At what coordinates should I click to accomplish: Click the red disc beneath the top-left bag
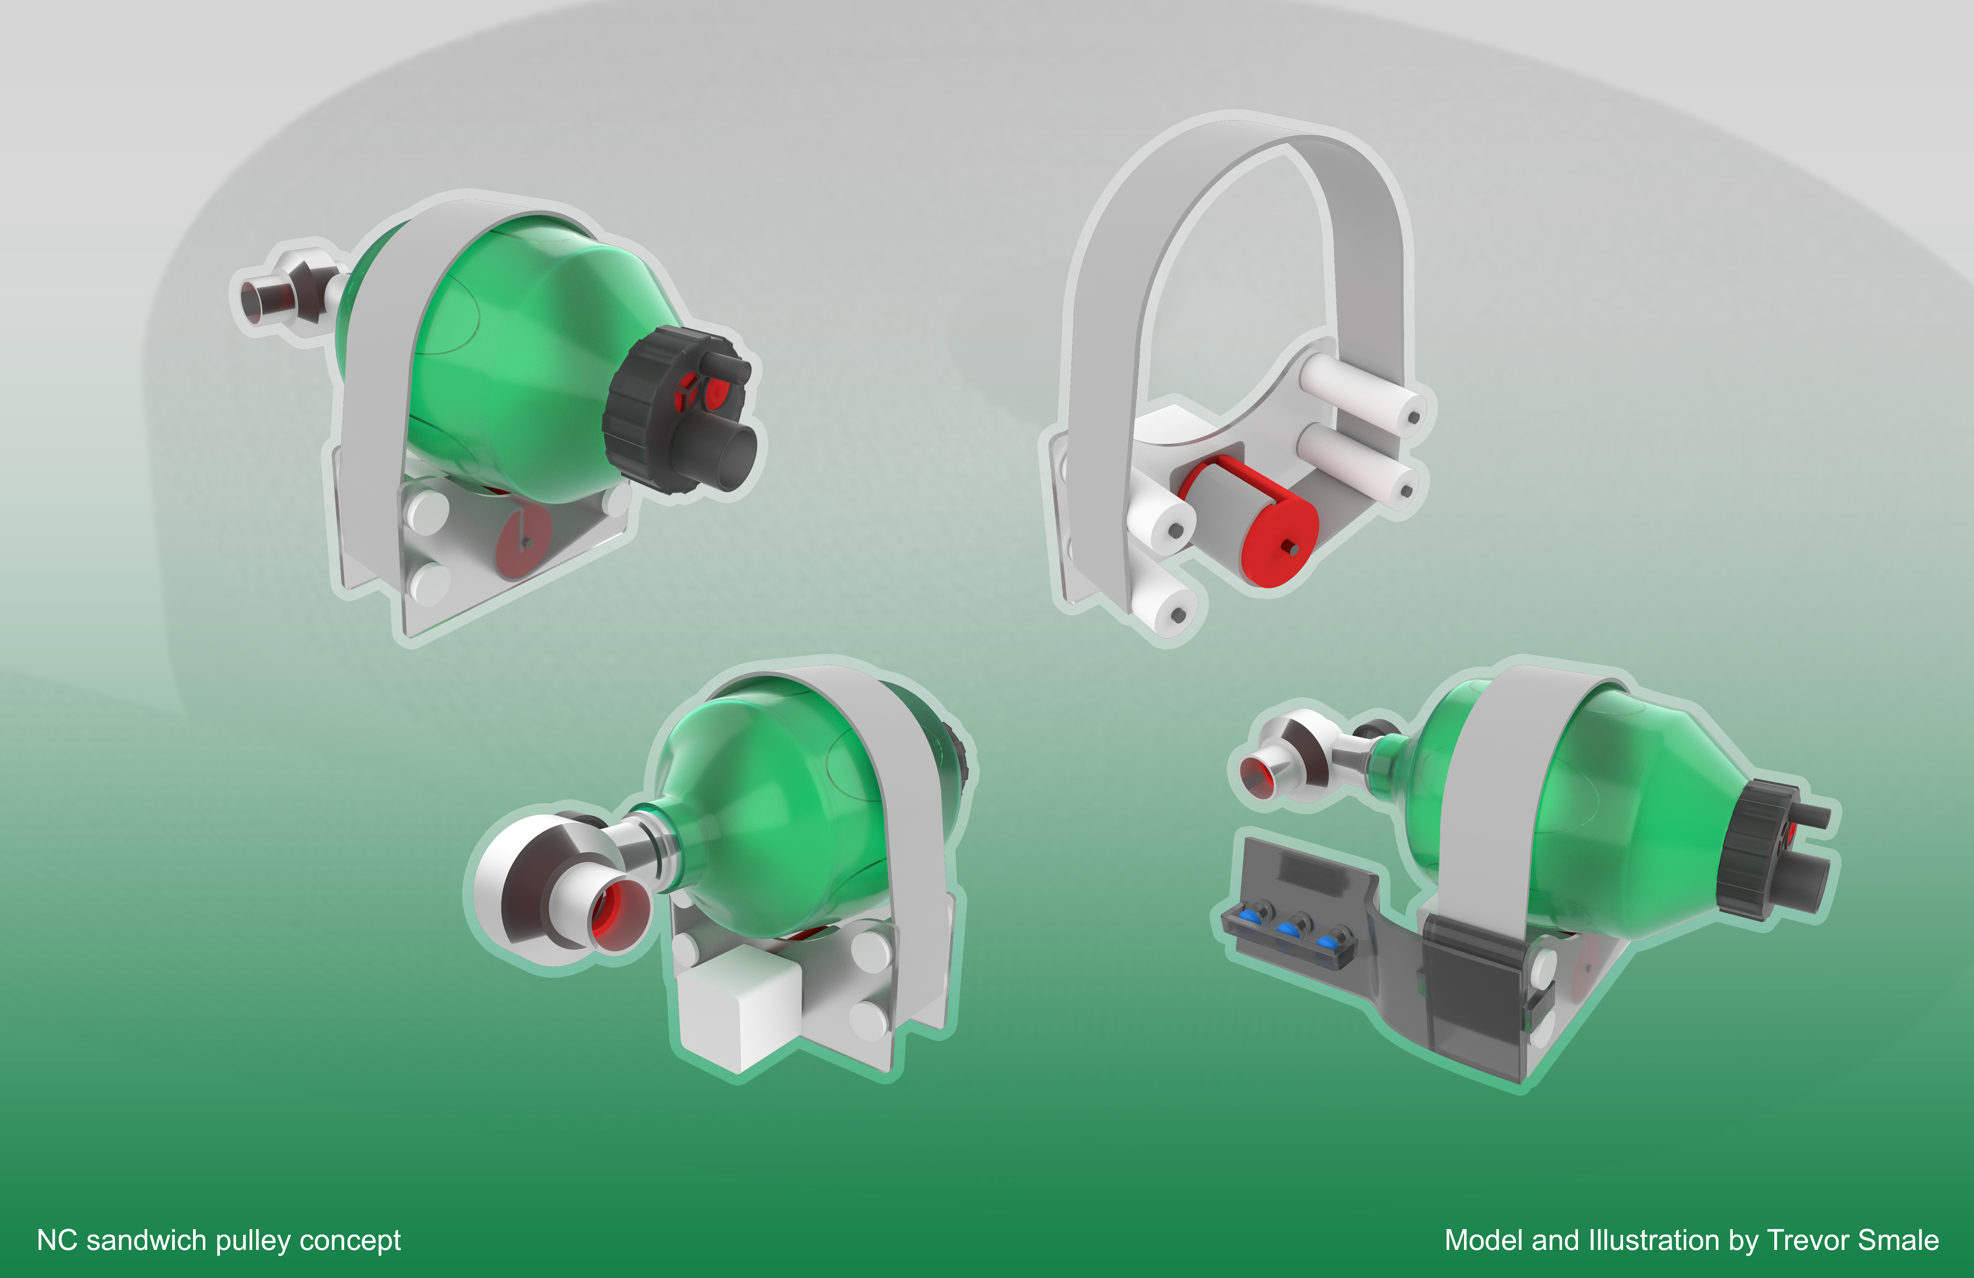point(523,539)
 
